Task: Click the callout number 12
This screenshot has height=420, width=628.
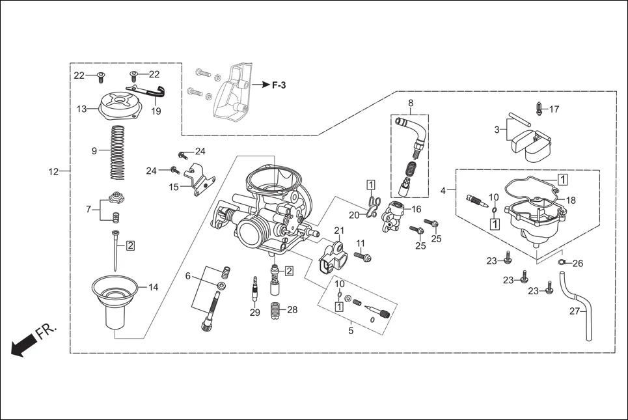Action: click(x=53, y=172)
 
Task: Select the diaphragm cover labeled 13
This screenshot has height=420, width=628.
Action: click(x=116, y=106)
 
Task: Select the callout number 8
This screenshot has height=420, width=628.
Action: click(x=411, y=103)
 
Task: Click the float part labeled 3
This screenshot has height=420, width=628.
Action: click(x=532, y=145)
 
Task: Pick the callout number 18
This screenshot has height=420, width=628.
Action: click(x=571, y=201)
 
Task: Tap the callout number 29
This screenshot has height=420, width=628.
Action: click(x=254, y=313)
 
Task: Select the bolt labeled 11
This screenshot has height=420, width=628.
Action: click(x=364, y=258)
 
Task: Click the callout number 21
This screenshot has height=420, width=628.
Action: click(x=338, y=231)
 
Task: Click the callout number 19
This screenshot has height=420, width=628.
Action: click(x=156, y=111)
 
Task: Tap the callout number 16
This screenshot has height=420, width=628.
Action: click(x=416, y=209)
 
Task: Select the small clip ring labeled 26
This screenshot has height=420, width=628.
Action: click(x=561, y=263)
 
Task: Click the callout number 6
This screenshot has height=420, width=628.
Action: click(x=188, y=276)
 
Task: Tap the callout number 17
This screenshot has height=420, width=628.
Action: click(x=554, y=109)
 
